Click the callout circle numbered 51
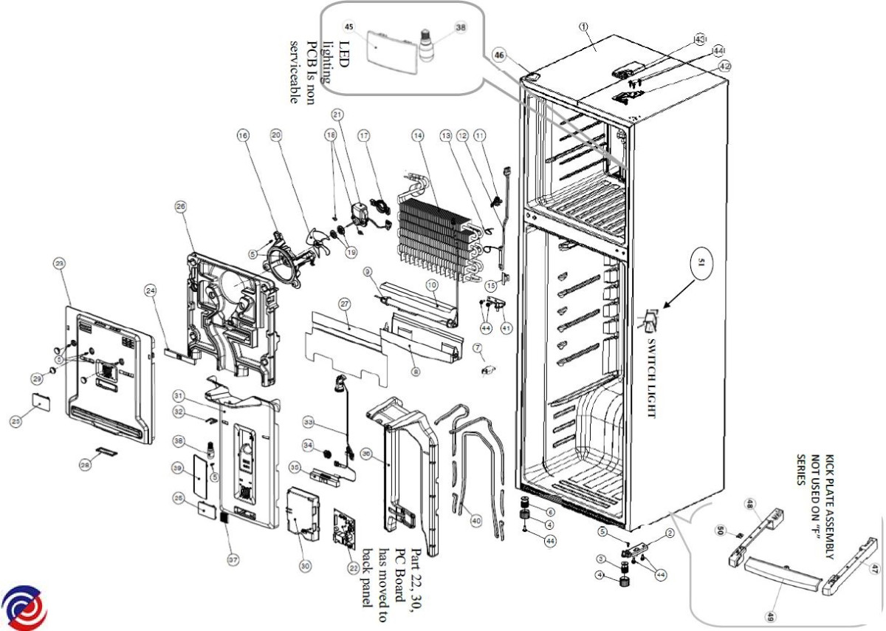(703, 261)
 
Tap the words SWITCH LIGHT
(651, 378)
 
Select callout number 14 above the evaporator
(419, 136)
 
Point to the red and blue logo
(24, 608)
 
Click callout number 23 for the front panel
(60, 262)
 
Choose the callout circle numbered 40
(476, 521)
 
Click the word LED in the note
(346, 51)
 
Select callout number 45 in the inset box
(350, 27)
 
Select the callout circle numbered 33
(308, 422)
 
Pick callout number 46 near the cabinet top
(499, 55)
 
